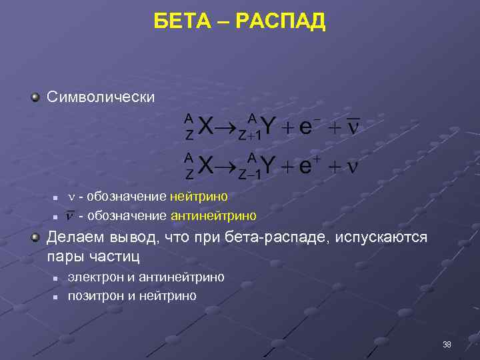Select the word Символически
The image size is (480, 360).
click(101, 97)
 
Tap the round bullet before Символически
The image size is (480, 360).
click(35, 97)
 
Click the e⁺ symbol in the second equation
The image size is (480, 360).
click(308, 165)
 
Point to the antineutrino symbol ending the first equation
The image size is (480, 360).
click(353, 127)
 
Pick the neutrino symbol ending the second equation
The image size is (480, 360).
click(353, 167)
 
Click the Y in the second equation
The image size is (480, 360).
click(267, 166)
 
